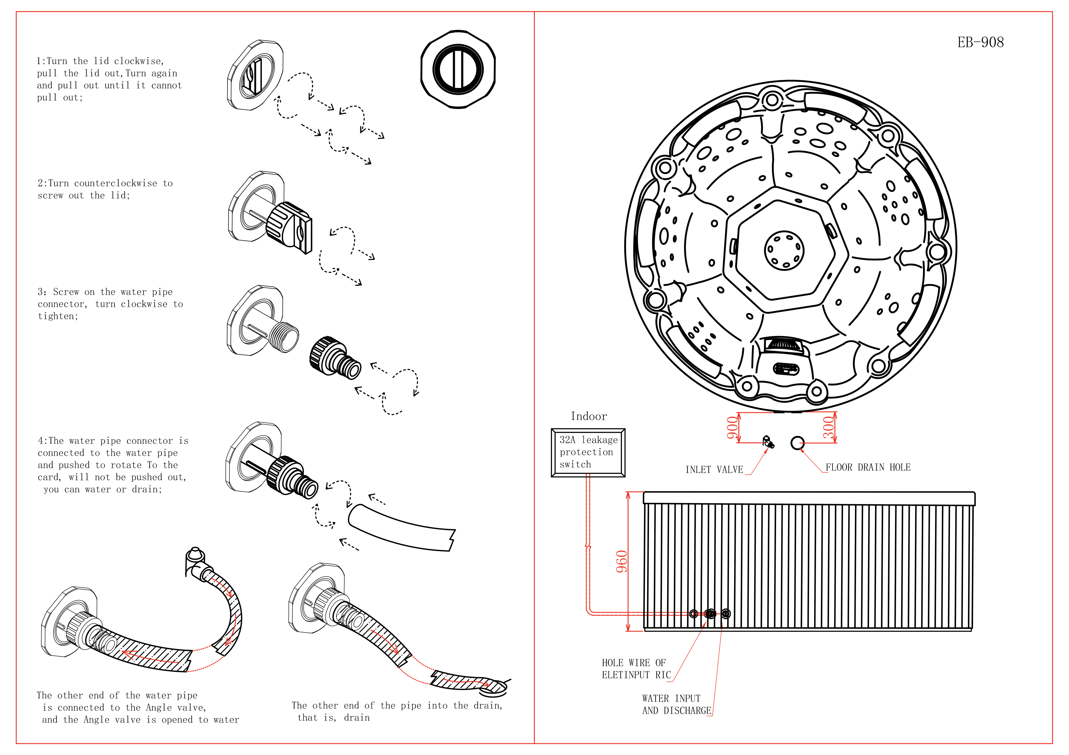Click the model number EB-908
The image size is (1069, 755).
(x=980, y=43)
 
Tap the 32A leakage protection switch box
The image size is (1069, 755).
(x=588, y=452)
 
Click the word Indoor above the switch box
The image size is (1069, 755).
(x=588, y=416)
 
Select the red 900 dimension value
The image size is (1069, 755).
(x=732, y=428)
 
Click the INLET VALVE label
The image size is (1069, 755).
(x=714, y=470)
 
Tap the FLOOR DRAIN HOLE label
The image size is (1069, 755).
(x=868, y=467)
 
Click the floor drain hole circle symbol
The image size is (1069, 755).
(x=797, y=443)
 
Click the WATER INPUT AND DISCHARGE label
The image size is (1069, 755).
(x=676, y=704)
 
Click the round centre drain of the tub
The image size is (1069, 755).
(x=784, y=250)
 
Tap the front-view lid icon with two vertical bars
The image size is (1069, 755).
(x=458, y=69)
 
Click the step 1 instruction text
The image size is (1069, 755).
(x=109, y=79)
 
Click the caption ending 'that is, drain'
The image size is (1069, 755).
(x=397, y=711)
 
